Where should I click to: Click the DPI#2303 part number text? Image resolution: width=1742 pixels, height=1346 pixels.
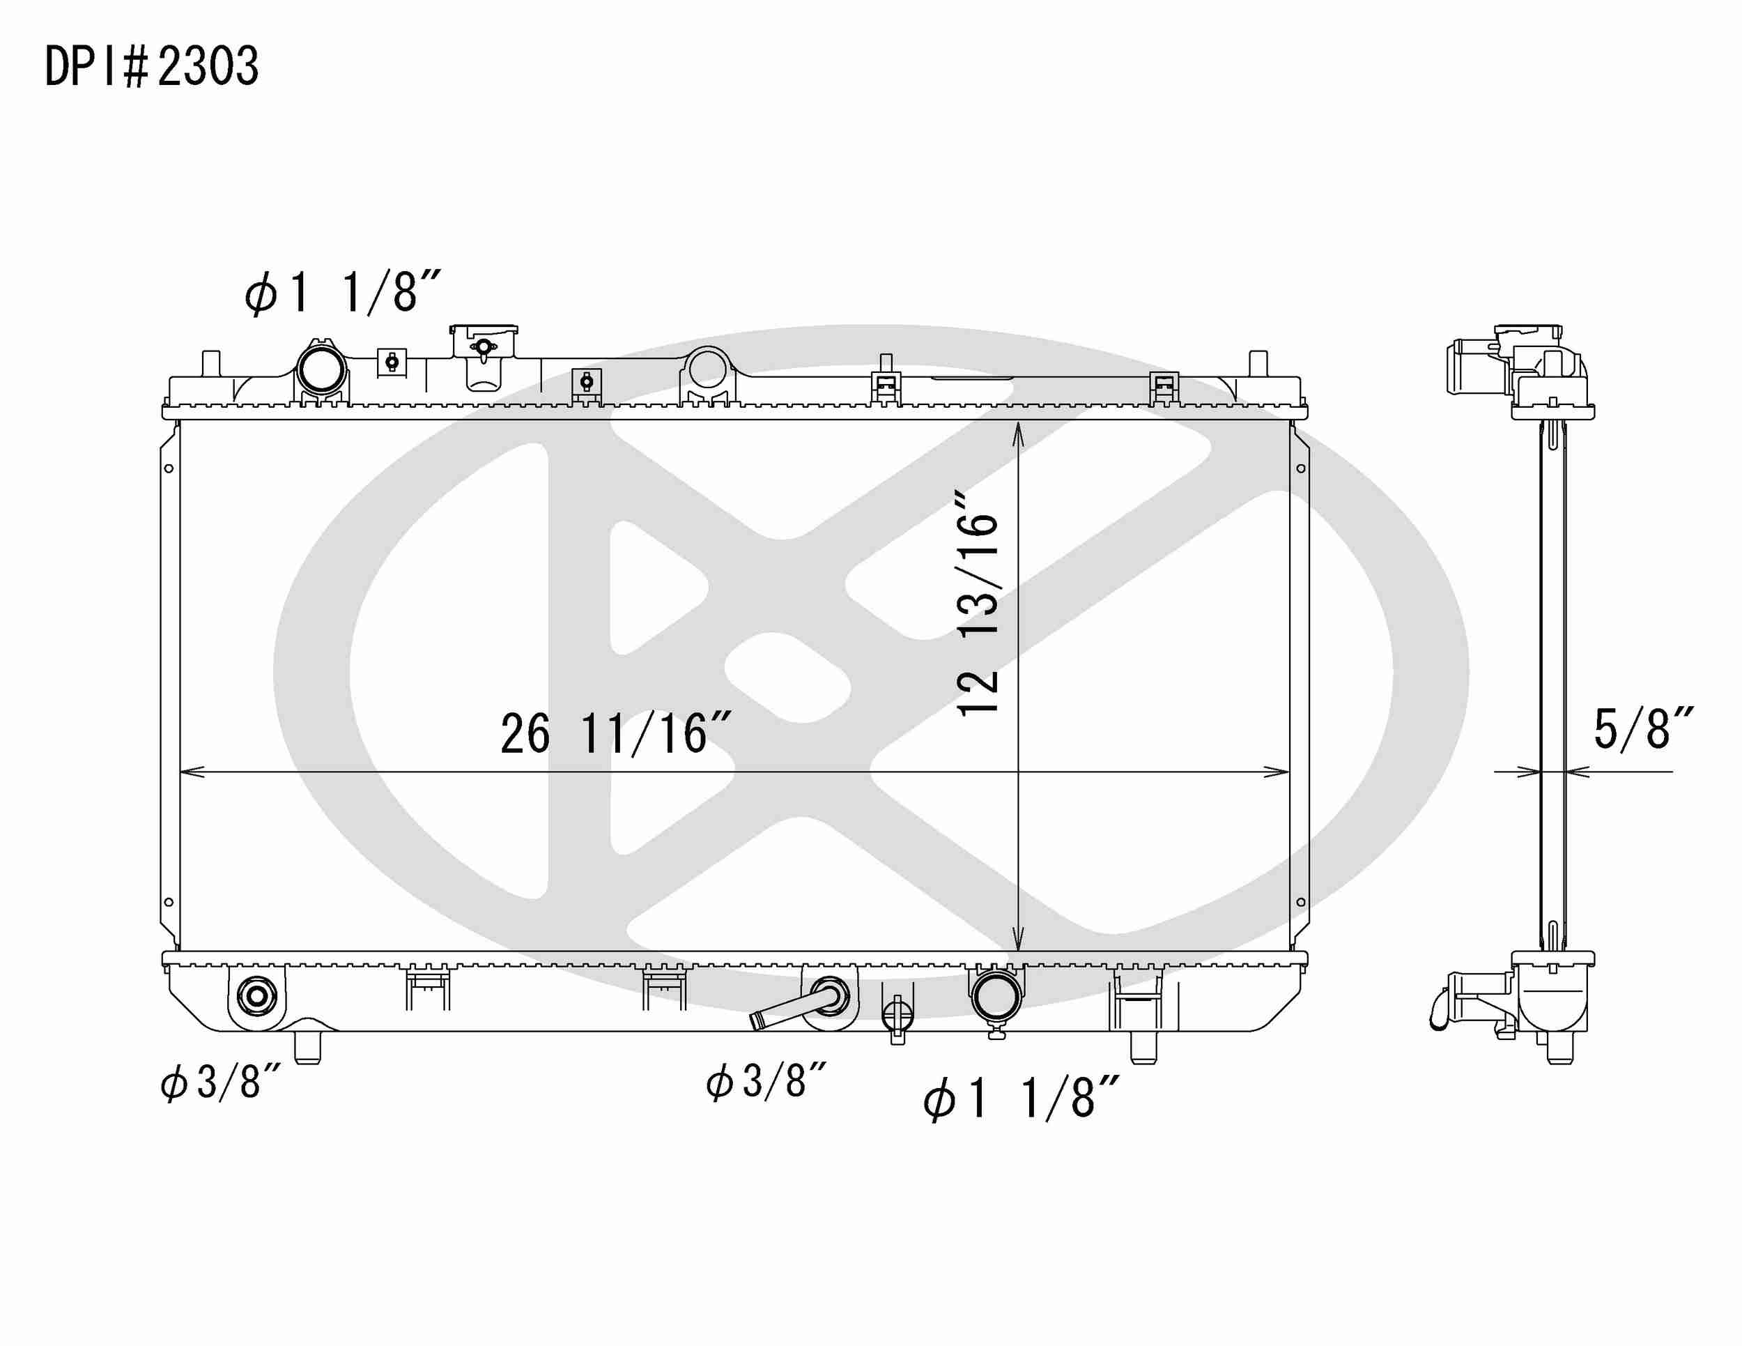pos(151,66)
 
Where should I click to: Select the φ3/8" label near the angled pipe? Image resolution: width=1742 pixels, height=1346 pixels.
pos(766,1083)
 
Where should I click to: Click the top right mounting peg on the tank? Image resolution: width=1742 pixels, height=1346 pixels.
pos(1258,364)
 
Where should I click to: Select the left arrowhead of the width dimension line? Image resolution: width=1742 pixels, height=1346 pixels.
pos(188,772)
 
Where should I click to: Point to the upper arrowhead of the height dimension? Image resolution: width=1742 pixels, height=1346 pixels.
pos(1018,431)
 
